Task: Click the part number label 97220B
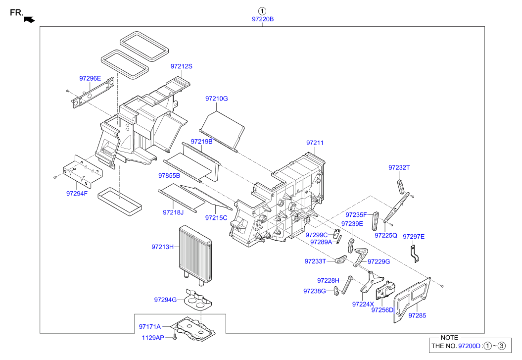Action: [x=262, y=19]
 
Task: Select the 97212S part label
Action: [x=182, y=66]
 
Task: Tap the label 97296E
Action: [x=90, y=78]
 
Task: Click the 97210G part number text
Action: [x=217, y=99]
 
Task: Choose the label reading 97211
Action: [x=315, y=143]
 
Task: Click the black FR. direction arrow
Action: [x=30, y=19]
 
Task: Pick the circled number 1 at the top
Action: [x=262, y=10]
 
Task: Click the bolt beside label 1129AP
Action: [x=175, y=337]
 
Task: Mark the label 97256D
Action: [x=382, y=310]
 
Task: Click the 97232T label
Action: [x=399, y=168]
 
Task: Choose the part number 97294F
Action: [x=77, y=193]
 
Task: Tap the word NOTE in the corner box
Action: [x=449, y=337]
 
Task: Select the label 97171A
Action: [x=150, y=326]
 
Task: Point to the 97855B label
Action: [x=169, y=175]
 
